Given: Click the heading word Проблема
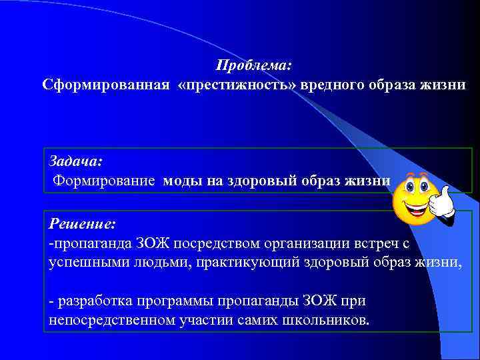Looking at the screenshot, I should (254, 66).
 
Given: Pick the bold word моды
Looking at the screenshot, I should (182, 179).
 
